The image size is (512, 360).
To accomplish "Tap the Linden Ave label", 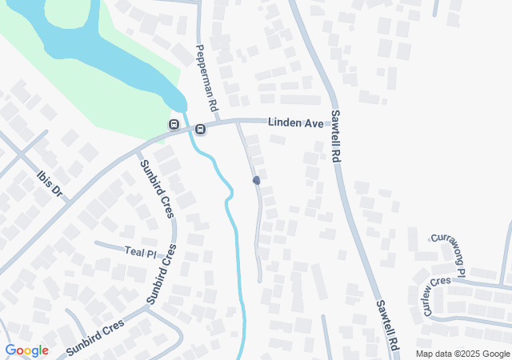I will click(x=294, y=124).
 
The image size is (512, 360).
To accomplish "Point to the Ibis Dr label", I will click(x=50, y=182).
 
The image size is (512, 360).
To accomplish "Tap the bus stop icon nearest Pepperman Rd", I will click(x=200, y=129).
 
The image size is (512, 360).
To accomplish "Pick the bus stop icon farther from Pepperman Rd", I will click(x=173, y=124).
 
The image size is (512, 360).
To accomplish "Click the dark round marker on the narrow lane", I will click(x=257, y=181).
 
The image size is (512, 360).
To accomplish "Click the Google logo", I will click(x=27, y=350).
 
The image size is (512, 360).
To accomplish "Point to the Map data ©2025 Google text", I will click(x=462, y=354).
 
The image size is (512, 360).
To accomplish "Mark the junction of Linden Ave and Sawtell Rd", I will click(x=329, y=122).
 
